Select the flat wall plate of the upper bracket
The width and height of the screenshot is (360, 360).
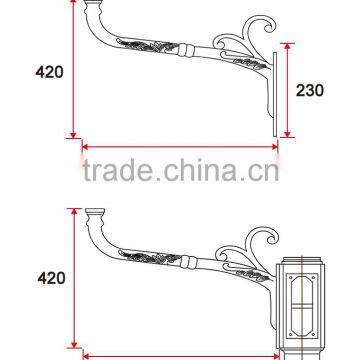point(270,90)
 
